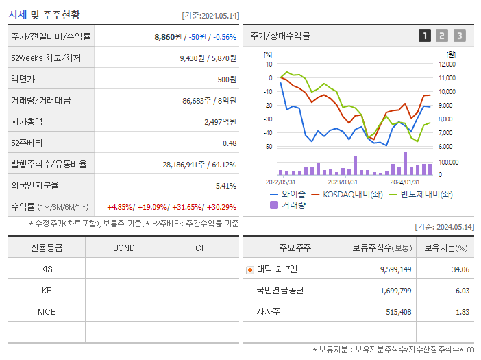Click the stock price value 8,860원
pyautogui.click(x=169, y=36)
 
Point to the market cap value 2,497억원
pyautogui.click(x=220, y=121)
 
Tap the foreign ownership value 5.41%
pyautogui.click(x=225, y=185)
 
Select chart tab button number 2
pyautogui.click(x=442, y=36)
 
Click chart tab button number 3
pyautogui.click(x=459, y=36)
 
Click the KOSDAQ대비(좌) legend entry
pyautogui.click(x=347, y=194)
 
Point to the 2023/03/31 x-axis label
pyautogui.click(x=343, y=182)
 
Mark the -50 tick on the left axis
pyautogui.click(x=268, y=147)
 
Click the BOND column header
pyautogui.click(x=123, y=248)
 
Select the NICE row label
pyautogui.click(x=47, y=311)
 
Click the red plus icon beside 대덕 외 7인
pyautogui.click(x=250, y=269)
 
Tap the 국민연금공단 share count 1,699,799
pyautogui.click(x=395, y=291)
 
